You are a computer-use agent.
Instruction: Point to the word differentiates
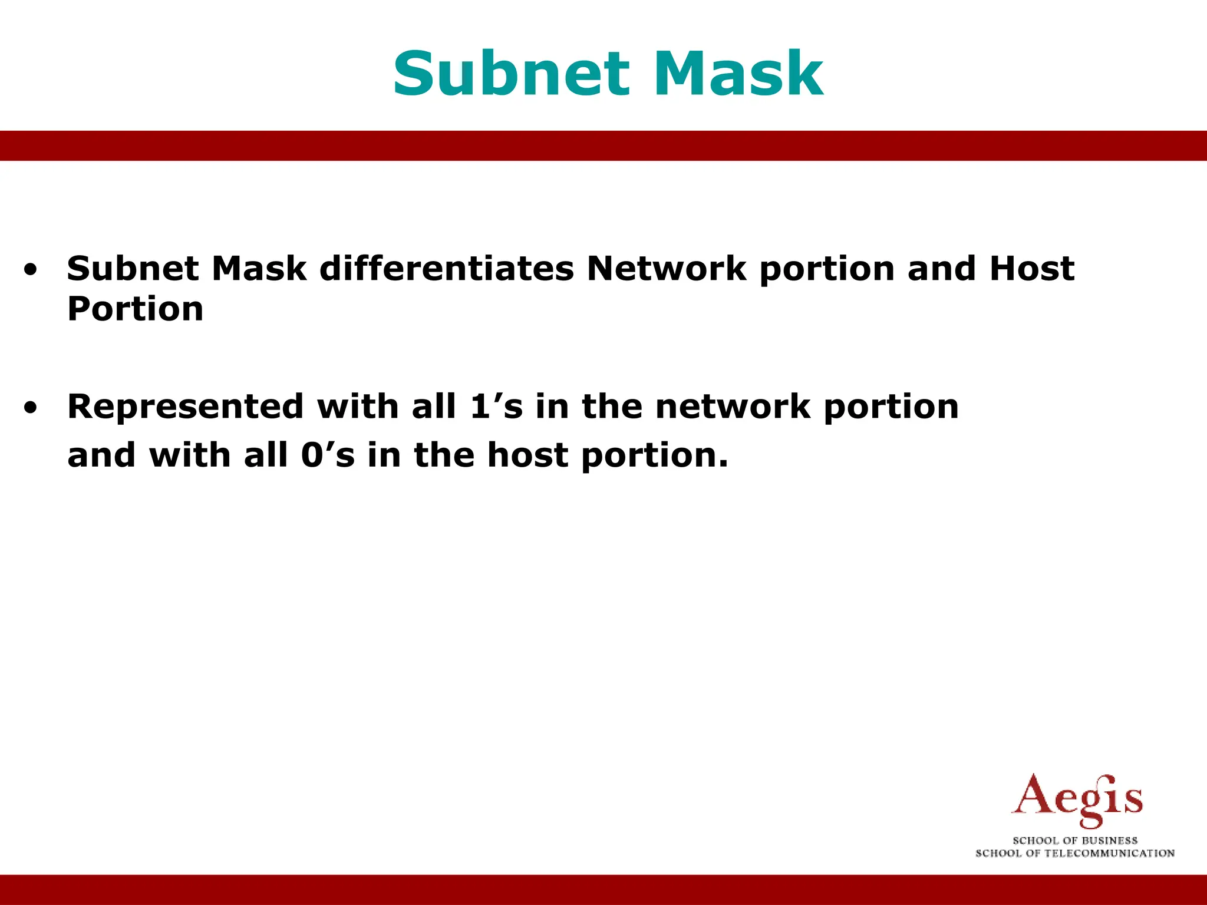click(447, 269)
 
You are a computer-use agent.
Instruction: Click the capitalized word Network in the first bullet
click(667, 269)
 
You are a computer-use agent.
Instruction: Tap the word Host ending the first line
click(1031, 269)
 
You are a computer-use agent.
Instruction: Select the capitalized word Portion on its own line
click(136, 309)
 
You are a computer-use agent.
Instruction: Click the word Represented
click(186, 407)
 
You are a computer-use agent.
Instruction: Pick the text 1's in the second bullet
click(496, 407)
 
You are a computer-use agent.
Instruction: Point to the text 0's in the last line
click(328, 455)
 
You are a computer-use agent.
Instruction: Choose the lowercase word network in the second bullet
click(733, 407)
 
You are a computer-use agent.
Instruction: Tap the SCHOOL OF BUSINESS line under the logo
click(1075, 840)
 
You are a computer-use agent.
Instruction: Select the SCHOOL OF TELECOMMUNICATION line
click(1075, 853)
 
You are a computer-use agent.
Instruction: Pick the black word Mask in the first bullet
click(259, 269)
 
